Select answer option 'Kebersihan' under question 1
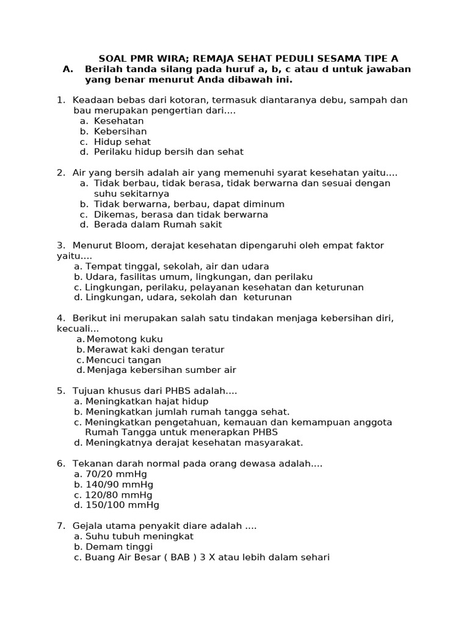click(x=120, y=131)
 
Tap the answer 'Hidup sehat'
click(x=122, y=142)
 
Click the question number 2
click(x=60, y=173)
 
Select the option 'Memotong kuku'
click(x=125, y=339)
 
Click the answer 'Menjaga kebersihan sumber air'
click(x=161, y=370)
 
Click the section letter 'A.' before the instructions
click(x=68, y=69)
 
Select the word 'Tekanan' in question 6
click(x=91, y=464)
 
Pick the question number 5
click(x=60, y=391)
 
